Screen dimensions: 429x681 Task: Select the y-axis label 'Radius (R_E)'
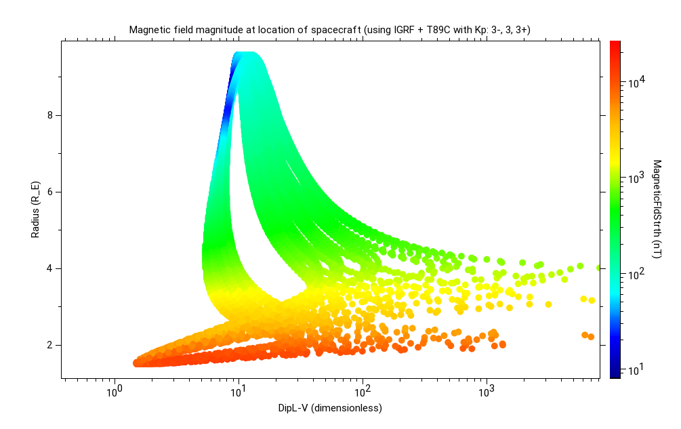[x=35, y=209]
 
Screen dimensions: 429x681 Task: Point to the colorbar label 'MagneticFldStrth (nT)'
[x=657, y=209]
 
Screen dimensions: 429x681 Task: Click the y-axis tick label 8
[x=49, y=115]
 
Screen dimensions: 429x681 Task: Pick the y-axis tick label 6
[x=49, y=192]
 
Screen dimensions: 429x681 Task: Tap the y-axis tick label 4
[x=49, y=268]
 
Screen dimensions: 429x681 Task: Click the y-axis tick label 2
[x=49, y=345]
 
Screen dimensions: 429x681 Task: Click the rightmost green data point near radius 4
[x=598, y=268]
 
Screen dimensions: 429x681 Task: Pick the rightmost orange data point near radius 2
[x=591, y=336]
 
